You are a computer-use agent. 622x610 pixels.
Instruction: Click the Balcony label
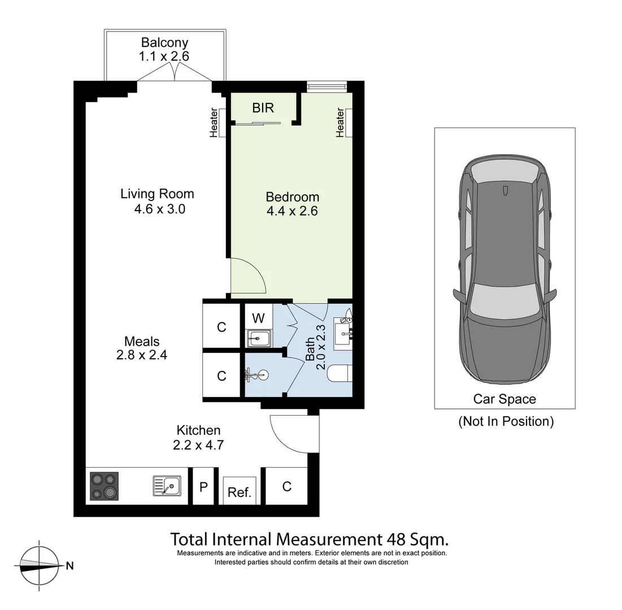[x=164, y=42]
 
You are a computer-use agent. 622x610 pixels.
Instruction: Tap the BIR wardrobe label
[x=263, y=108]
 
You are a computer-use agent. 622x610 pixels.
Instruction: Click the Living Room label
[x=157, y=194]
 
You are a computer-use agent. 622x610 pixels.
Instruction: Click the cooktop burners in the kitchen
[x=104, y=486]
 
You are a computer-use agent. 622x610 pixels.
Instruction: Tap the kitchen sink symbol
[x=167, y=485]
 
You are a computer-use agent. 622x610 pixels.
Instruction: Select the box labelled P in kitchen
[x=203, y=486]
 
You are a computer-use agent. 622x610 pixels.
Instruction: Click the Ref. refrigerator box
[x=239, y=491]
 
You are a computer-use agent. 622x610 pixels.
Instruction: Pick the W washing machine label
[x=258, y=318]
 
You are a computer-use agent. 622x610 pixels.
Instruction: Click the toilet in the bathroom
[x=341, y=374]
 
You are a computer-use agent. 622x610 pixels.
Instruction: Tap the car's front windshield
[x=504, y=299]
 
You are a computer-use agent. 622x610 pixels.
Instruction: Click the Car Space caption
[x=504, y=399]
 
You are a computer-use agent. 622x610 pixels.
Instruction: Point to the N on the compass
[x=69, y=565]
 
